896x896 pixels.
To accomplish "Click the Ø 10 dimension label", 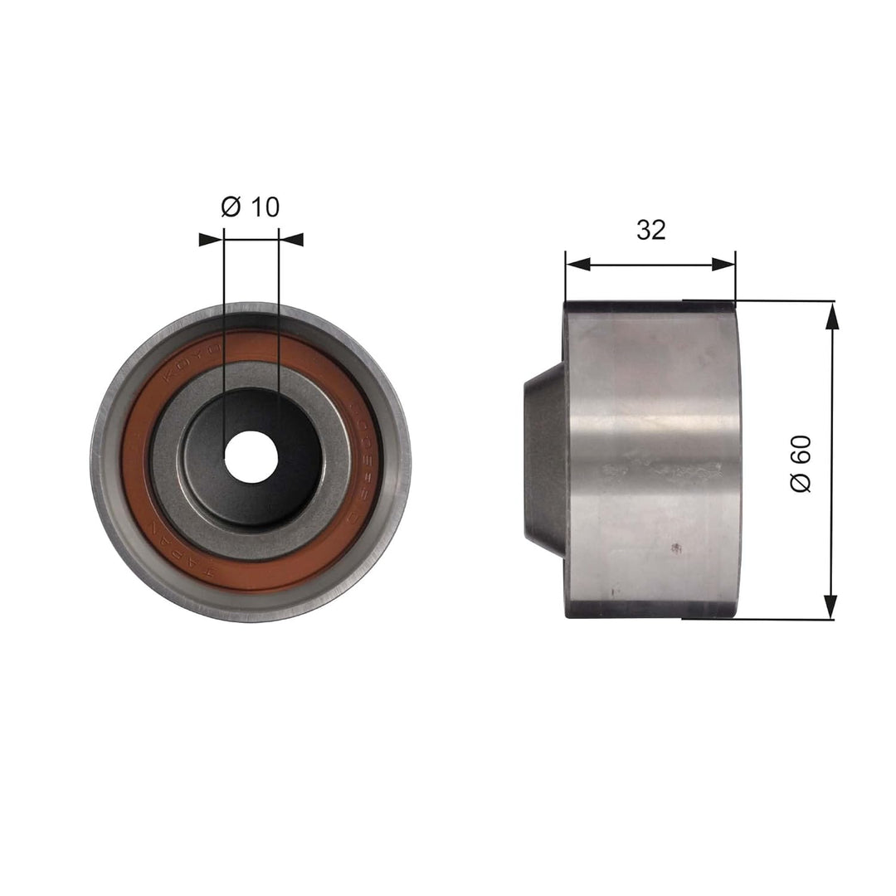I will coord(251,207).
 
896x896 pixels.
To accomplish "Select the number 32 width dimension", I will coord(650,230).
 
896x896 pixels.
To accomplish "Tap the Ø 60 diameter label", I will coord(801,461).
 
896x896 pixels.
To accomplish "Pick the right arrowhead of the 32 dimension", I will coord(723,264).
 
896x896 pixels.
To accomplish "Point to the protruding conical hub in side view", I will coord(544,461).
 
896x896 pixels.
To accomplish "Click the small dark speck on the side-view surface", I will coord(676,548).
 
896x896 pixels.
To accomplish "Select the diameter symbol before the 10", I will coord(231,207).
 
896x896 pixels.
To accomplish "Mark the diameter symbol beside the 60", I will coord(801,482).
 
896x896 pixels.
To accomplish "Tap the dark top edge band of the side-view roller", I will coord(650,306).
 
